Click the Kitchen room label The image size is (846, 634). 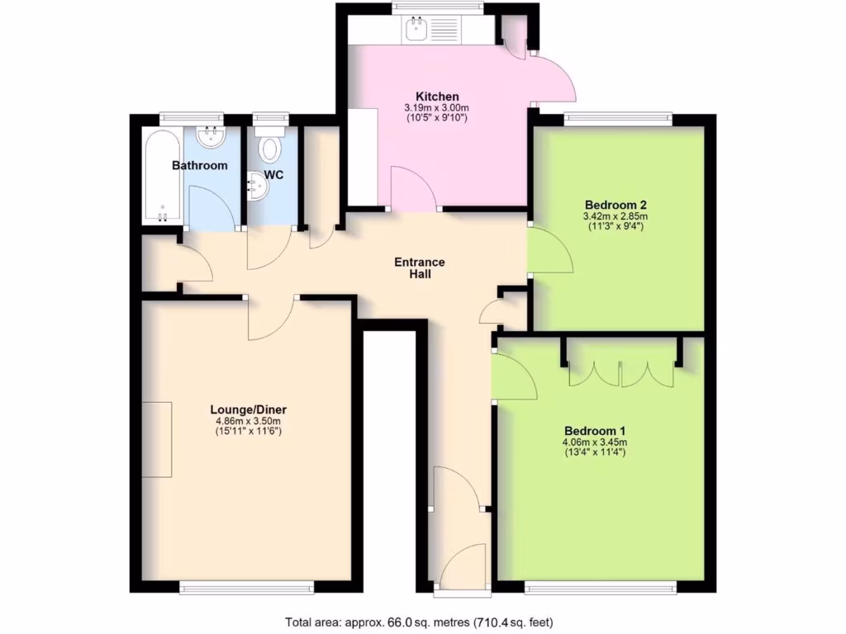click(x=437, y=97)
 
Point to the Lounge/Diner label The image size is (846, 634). click(x=248, y=409)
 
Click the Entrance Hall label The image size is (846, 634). click(x=419, y=268)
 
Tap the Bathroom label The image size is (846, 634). click(x=199, y=166)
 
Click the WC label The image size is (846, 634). click(x=273, y=176)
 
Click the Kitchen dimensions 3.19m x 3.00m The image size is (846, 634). click(x=437, y=108)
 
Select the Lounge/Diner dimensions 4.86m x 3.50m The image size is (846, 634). click(x=248, y=421)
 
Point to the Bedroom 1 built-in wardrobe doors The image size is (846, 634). click(x=621, y=373)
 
